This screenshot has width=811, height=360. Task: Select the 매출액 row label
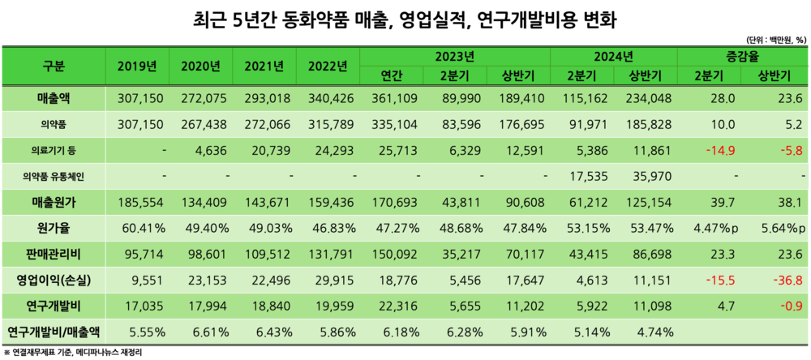tap(54, 98)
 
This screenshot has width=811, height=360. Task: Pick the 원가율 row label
tap(54, 228)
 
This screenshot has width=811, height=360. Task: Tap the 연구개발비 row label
tap(54, 306)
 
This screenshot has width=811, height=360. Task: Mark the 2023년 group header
tap(454, 56)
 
